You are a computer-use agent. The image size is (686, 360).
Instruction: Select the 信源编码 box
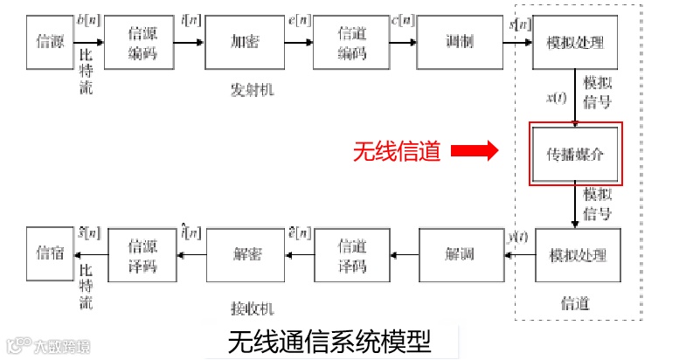point(142,42)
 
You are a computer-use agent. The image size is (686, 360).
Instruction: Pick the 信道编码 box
point(350,42)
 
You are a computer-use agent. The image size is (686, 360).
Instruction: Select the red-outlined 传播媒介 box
point(576,153)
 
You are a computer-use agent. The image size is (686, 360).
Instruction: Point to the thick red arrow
point(474,152)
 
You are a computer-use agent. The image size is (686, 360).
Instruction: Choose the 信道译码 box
point(350,255)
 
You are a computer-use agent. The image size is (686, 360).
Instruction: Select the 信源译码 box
point(142,255)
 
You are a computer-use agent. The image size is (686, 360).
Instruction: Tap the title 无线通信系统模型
point(329,340)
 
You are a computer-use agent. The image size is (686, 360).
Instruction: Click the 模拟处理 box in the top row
point(575,42)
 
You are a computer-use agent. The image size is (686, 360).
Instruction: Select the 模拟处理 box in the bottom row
point(577,255)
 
